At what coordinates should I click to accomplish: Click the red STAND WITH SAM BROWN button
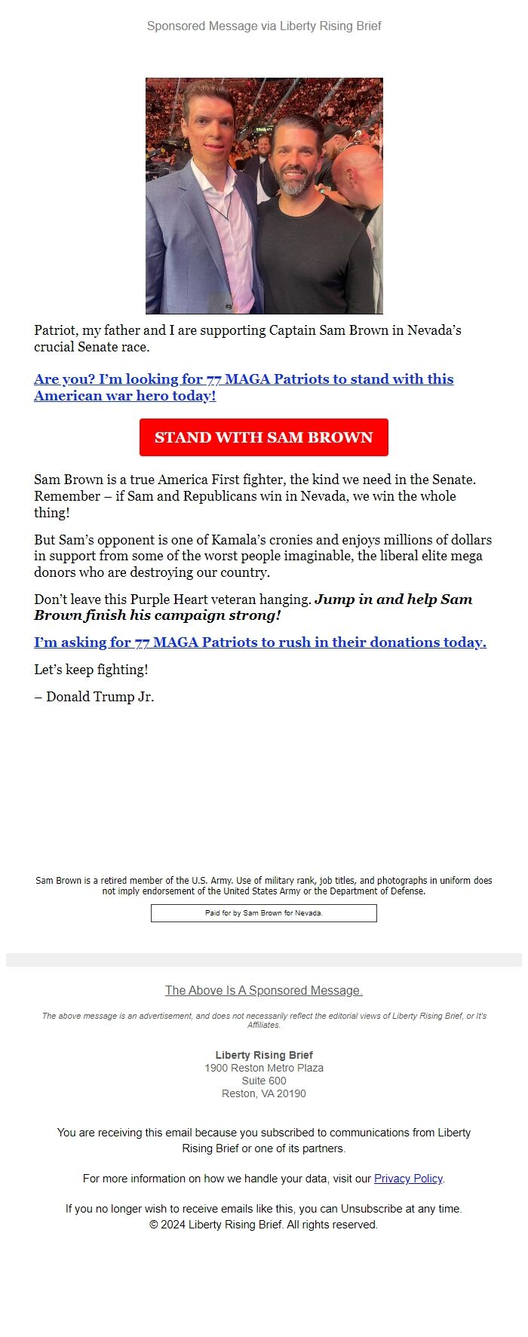[263, 437]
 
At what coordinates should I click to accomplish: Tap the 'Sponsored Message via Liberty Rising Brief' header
[264, 26]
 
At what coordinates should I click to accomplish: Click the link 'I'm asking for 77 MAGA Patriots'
[259, 642]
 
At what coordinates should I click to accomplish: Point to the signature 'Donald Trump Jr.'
[100, 697]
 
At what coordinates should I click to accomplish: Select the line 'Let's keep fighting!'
[91, 670]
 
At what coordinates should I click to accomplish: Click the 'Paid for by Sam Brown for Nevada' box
[263, 912]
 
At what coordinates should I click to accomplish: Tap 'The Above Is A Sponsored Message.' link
[263, 990]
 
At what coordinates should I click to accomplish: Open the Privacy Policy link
[408, 1179]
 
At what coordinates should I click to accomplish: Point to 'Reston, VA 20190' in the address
[263, 1093]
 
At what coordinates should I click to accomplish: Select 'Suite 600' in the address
[263, 1081]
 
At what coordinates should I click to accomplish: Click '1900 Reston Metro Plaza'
[263, 1068]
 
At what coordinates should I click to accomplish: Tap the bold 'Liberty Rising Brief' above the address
[263, 1055]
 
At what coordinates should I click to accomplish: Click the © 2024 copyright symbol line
[263, 1225]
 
